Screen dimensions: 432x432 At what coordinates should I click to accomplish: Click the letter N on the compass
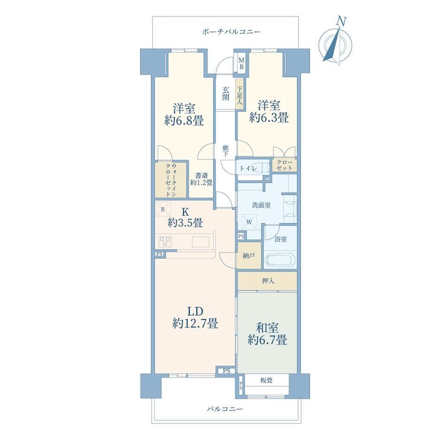pos(342,21)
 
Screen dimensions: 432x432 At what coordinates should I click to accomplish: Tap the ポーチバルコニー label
pos(231,31)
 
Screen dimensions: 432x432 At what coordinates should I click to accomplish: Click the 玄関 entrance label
pos(226,93)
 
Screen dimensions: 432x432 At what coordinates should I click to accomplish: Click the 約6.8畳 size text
pos(184,120)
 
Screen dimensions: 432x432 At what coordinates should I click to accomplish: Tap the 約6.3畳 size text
pos(269,118)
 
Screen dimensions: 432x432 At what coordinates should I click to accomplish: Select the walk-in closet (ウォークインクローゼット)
pos(170,180)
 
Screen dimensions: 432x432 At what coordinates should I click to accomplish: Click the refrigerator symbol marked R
pos(163,209)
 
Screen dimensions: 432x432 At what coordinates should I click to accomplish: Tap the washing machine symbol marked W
pos(249,222)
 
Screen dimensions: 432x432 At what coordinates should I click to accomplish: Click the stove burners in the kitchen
pos(165,242)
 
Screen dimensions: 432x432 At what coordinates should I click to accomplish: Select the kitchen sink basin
pos(201,242)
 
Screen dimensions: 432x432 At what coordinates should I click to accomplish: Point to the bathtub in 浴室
pos(280,260)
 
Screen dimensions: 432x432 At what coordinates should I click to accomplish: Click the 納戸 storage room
pos(249,255)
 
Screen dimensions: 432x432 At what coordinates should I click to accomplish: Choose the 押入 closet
pos(267,281)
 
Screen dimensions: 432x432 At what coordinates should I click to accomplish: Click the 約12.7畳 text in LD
pos(195,323)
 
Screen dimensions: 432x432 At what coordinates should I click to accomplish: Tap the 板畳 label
pos(266,380)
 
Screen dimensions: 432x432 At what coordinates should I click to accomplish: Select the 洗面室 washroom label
pos(261,205)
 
